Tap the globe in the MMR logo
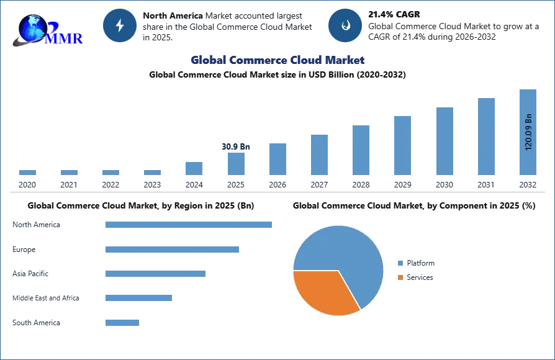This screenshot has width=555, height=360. pos(31,28)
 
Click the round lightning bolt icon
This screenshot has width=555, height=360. pos(119,25)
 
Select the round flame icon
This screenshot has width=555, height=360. pos(345,25)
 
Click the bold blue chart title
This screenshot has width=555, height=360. pos(277,60)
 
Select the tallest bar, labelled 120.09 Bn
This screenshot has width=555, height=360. pos(526,133)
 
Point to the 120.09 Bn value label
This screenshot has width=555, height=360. pos(528,132)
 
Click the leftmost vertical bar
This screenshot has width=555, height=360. pos(27,173)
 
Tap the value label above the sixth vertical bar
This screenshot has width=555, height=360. pos(236,147)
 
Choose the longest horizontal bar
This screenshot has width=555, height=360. pos(189,223)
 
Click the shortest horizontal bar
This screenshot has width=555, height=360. pos(122,323)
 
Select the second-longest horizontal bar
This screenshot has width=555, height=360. pos(174,248)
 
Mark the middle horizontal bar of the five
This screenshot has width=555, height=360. pos(156,273)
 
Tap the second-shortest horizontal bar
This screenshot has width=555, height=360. pos(139,298)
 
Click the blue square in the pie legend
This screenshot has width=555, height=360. pos(402,263)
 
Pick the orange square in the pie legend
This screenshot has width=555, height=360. pos(402,277)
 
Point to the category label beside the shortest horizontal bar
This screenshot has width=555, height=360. pos(37,323)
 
